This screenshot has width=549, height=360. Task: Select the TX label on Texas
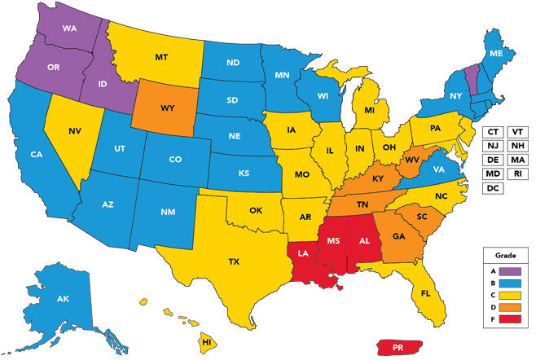pyautogui.click(x=234, y=261)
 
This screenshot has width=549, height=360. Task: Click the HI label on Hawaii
pyautogui.click(x=207, y=341)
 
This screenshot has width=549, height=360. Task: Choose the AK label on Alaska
pyautogui.click(x=64, y=300)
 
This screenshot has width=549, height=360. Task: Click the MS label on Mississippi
pyautogui.click(x=332, y=242)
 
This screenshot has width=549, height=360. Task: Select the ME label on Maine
pyautogui.click(x=495, y=53)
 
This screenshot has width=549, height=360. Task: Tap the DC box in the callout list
pyautogui.click(x=492, y=188)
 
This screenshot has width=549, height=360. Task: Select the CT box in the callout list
pyautogui.click(x=492, y=131)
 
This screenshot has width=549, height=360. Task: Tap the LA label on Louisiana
pyautogui.click(x=302, y=253)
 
